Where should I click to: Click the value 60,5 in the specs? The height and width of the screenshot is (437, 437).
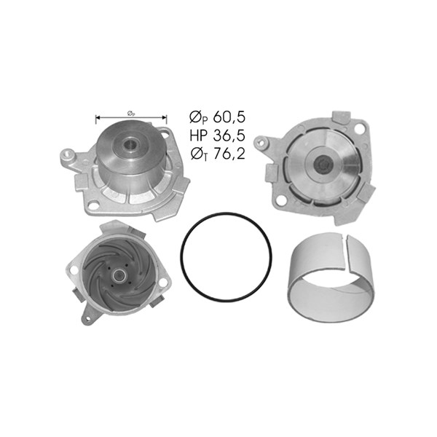[229, 117]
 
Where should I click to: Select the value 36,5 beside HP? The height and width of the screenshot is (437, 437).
[229, 135]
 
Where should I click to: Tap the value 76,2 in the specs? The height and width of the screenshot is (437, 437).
[229, 154]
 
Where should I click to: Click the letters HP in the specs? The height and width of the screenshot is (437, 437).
[198, 135]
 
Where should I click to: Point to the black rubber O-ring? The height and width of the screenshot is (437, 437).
[181, 258]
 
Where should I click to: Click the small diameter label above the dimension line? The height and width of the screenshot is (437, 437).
[131, 114]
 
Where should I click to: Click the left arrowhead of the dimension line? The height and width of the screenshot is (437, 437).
[98, 117]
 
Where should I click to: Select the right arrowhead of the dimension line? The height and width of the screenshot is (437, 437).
[165, 117]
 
